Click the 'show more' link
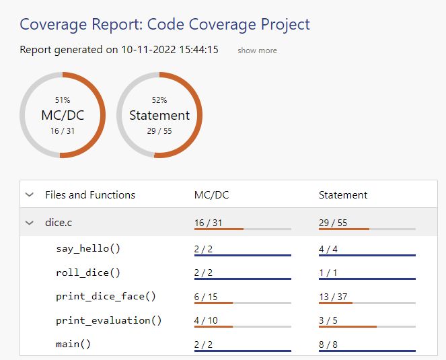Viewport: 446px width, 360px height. pos(257,50)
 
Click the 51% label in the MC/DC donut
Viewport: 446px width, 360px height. pos(63,100)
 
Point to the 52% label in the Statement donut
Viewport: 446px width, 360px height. pos(159,100)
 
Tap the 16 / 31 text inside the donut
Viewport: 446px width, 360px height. pos(63,131)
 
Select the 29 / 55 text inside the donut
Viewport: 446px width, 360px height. pos(159,131)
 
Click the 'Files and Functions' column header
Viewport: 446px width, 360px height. pos(90,195)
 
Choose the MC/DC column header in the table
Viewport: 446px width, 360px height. pos(211,195)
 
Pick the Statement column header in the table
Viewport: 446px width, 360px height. pos(343,195)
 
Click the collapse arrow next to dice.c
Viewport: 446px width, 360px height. pos(30,222)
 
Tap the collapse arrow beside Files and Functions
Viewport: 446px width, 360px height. pos(30,195)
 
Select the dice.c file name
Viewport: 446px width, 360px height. pos(59,222)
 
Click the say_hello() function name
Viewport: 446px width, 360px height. pos(88,248)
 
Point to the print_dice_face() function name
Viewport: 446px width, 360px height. pos(106,296)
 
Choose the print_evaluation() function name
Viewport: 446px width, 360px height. pos(109,320)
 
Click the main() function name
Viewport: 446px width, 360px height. pos(73,344)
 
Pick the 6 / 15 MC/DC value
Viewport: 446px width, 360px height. pos(206,296)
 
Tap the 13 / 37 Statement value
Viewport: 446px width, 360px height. pos(332,296)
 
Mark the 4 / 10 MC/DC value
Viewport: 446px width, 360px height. pos(206,320)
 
